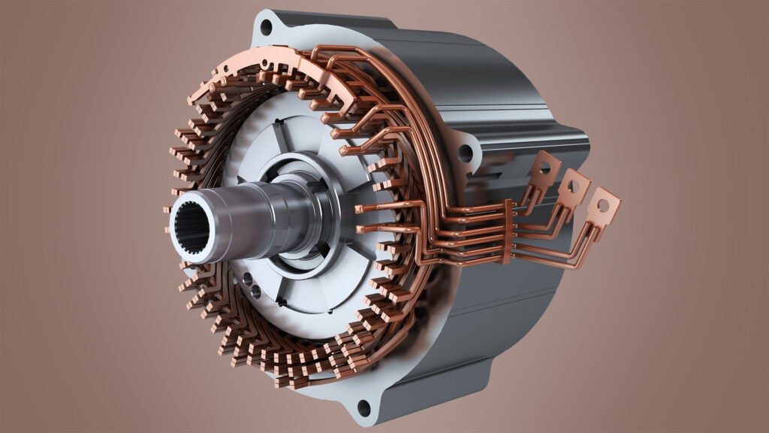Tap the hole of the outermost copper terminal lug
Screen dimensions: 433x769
[x=603, y=204]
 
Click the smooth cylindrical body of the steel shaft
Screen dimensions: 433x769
[x=255, y=218]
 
